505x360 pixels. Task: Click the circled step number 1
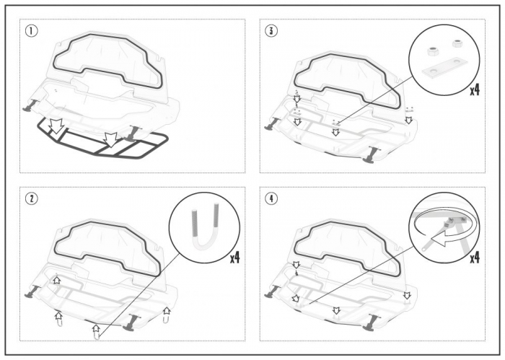(x=31, y=31)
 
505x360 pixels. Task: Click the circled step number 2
(x=31, y=198)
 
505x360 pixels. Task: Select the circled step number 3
(x=271, y=31)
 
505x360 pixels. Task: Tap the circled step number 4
(x=271, y=198)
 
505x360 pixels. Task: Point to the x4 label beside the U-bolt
(x=234, y=258)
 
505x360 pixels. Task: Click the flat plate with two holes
(x=443, y=68)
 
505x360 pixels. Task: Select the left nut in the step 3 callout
(x=431, y=51)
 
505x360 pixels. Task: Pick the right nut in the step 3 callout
(x=457, y=43)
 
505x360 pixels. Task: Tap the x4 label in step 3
(x=475, y=90)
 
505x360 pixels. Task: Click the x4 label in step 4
(x=475, y=258)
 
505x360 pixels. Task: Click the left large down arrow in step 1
(x=57, y=126)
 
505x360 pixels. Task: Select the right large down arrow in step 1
(x=110, y=139)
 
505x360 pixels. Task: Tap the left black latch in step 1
(x=30, y=106)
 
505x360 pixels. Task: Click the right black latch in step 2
(x=132, y=322)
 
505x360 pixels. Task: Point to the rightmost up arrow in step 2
(x=167, y=310)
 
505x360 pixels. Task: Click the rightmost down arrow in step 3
(x=409, y=120)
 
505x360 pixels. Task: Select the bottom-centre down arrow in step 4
(x=336, y=310)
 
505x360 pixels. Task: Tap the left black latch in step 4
(x=271, y=291)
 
